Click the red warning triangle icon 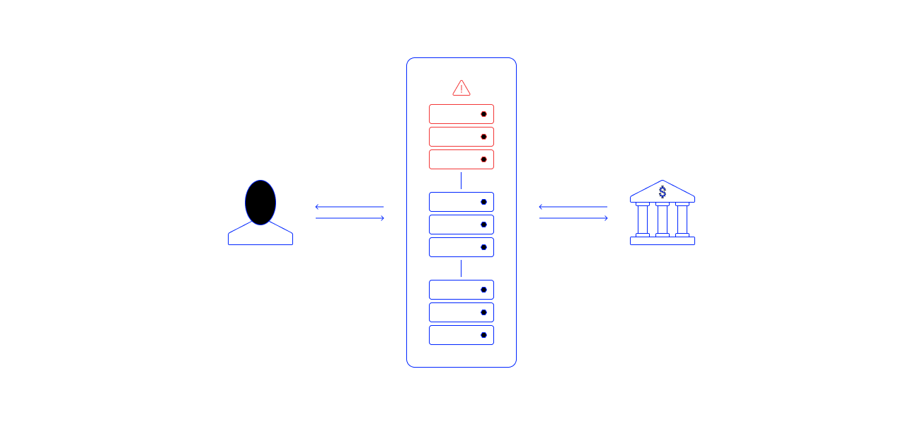click(461, 89)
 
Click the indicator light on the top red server click(484, 114)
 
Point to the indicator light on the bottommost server click(484, 335)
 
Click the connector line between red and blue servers click(461, 181)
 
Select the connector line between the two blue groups click(461, 268)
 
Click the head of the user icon click(260, 202)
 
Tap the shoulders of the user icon click(260, 236)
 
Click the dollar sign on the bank click(663, 192)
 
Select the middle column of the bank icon click(663, 220)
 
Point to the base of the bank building click(663, 241)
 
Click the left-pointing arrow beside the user click(349, 207)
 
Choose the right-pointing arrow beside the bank click(573, 218)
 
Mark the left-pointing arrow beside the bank click(573, 207)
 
